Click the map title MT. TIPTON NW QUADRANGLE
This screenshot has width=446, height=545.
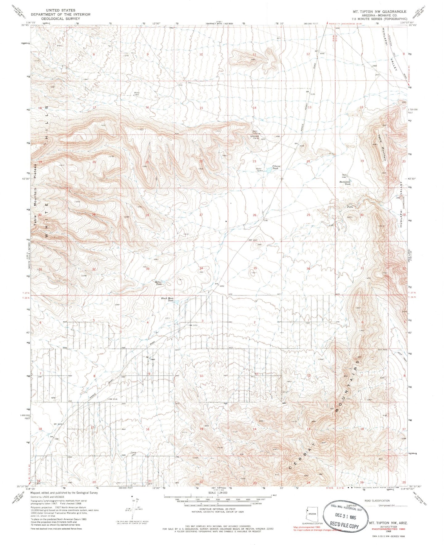pyautogui.click(x=380, y=11)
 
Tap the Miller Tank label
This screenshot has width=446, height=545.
pyautogui.click(x=158, y=283)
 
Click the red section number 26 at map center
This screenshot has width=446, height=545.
pyautogui.click(x=255, y=215)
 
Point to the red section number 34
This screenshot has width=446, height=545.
pyautogui.click(x=201, y=268)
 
